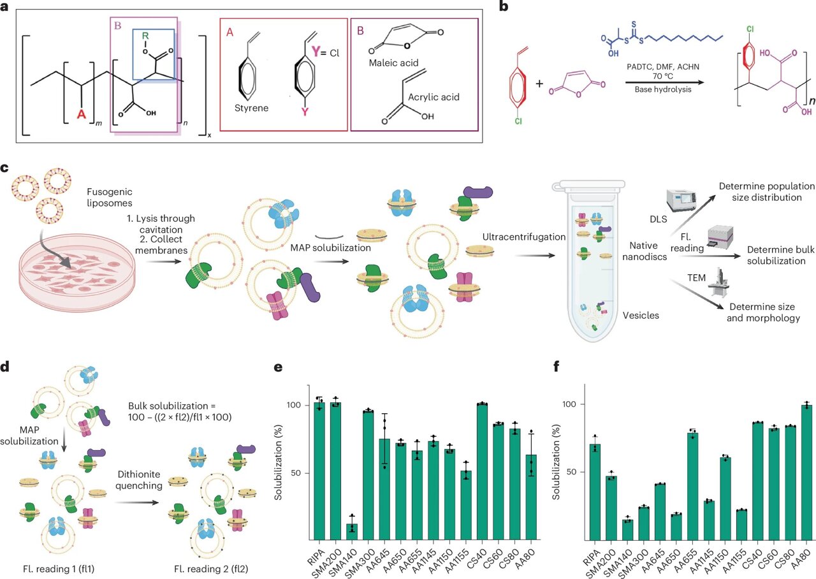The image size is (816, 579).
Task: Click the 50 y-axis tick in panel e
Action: coord(309,473)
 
